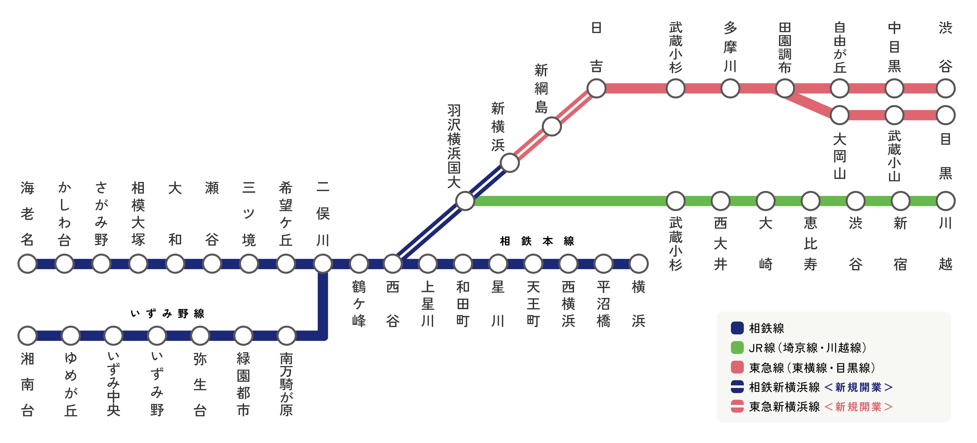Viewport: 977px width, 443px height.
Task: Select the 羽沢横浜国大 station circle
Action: coord(465,201)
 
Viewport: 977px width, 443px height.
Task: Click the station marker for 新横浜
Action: coord(509,163)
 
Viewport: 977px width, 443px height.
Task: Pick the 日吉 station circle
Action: coord(596,88)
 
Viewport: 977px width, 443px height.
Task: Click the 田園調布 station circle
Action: coord(785,88)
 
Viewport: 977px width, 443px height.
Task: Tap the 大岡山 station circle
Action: coord(839,115)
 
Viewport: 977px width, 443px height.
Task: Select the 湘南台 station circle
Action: coord(27,336)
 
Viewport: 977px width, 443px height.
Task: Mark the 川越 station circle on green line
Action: coord(946,201)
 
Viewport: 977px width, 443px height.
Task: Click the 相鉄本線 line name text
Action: coord(537,241)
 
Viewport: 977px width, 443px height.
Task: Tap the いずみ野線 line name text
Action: coord(167,314)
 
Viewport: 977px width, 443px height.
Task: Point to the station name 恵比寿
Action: coord(811,244)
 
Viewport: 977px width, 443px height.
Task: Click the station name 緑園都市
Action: coord(243,384)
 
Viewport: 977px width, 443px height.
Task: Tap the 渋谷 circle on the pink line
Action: coord(946,88)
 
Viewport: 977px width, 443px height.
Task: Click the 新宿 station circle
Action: coord(900,201)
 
